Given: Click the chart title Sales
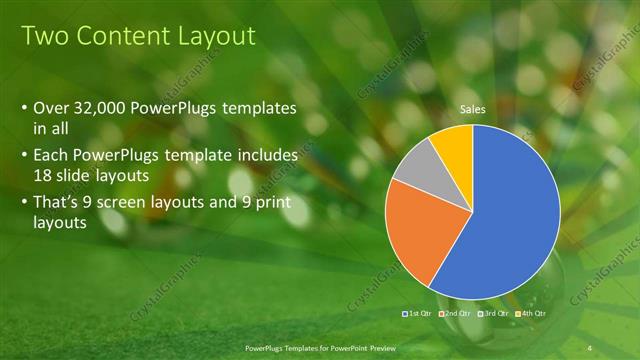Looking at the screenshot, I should point(473,109).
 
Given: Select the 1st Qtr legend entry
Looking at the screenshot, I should point(417,314).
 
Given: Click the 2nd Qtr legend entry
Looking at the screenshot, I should point(456,314).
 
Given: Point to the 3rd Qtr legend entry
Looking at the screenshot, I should point(495,314).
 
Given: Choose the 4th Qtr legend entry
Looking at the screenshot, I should point(533,314).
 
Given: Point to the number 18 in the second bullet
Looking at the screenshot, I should point(42,175).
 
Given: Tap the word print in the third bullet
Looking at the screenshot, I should point(277,201).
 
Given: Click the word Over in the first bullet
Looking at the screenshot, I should point(51,108).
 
